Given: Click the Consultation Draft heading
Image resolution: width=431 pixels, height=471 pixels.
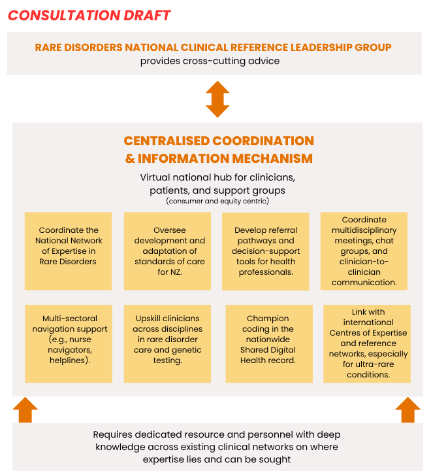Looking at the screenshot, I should click(x=89, y=15).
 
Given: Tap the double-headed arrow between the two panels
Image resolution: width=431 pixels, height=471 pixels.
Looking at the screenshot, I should click(x=217, y=99).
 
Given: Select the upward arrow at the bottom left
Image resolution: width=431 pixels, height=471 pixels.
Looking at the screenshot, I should click(x=25, y=410).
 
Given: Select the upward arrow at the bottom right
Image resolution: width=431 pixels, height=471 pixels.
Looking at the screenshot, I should click(x=407, y=410).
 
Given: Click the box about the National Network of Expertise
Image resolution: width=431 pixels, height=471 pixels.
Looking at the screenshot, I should click(x=68, y=251).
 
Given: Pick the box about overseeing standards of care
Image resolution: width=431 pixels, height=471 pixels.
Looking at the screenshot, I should click(x=167, y=251).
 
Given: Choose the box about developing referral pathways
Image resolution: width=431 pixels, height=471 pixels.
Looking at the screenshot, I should click(x=266, y=251).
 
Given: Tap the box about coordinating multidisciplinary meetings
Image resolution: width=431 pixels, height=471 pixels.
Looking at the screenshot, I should click(x=364, y=251).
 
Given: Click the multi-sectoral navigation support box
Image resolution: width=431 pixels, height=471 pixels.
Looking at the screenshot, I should click(x=70, y=343).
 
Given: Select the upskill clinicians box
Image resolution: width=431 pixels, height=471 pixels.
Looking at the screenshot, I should click(x=167, y=343).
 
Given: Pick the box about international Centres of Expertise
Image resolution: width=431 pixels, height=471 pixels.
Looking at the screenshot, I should click(x=367, y=343).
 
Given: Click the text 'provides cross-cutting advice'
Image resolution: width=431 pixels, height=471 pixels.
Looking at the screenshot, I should click(x=210, y=61).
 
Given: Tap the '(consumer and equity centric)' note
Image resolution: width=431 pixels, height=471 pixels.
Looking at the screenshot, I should click(x=217, y=201).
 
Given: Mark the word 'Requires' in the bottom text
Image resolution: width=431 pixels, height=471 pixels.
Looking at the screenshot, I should click(x=114, y=434).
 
